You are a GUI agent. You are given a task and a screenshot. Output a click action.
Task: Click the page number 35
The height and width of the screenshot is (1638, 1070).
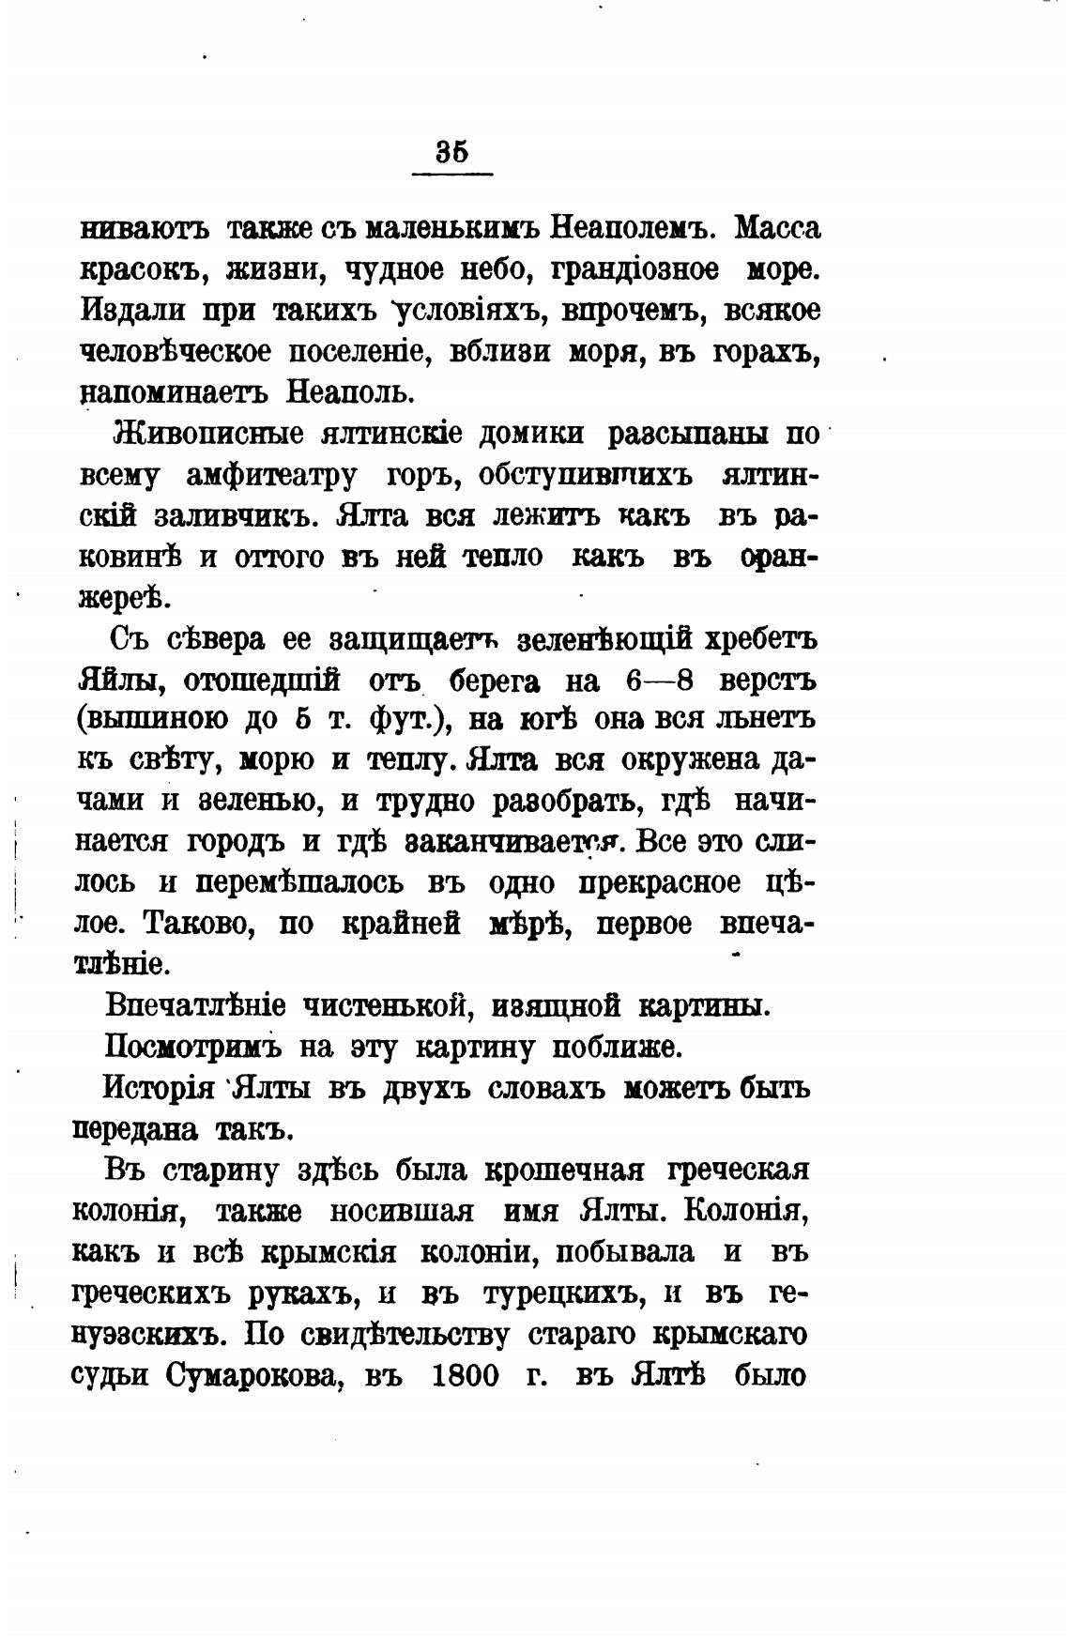pos(451,151)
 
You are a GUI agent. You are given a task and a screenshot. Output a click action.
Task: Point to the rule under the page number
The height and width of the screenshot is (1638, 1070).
pos(451,174)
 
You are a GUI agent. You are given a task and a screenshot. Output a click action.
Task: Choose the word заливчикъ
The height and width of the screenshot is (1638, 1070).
pos(236,516)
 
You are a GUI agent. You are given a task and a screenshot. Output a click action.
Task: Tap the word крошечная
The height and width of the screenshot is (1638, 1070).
pos(563,1171)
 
